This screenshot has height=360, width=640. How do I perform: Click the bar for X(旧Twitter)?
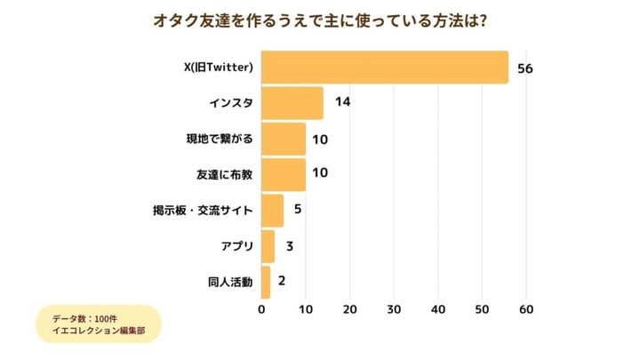pyautogui.click(x=385, y=68)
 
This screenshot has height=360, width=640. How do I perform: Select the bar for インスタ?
pyautogui.click(x=292, y=103)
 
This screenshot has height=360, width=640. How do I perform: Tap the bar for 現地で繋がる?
pyautogui.click(x=284, y=139)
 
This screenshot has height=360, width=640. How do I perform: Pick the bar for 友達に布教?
pyautogui.click(x=284, y=174)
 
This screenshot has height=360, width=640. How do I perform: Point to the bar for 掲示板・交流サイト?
pyautogui.click(x=273, y=211)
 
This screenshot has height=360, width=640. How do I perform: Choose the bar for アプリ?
pyautogui.click(x=268, y=246)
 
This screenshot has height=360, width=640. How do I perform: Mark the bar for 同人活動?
pyautogui.click(x=266, y=282)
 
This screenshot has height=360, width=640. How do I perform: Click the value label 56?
pyautogui.click(x=524, y=68)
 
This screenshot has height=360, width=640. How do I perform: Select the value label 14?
pyautogui.click(x=342, y=103)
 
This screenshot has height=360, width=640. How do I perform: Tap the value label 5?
pyautogui.click(x=297, y=211)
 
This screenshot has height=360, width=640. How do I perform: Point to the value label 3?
pyautogui.click(x=289, y=246)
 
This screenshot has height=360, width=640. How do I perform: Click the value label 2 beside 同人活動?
pyautogui.click(x=282, y=282)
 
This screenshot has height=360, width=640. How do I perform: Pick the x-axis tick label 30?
pyautogui.click(x=394, y=310)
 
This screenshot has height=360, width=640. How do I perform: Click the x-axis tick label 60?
pyautogui.click(x=526, y=310)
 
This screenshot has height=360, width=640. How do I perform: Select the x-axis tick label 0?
pyautogui.click(x=261, y=310)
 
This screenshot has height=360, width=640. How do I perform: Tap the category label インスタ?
pyautogui.click(x=231, y=103)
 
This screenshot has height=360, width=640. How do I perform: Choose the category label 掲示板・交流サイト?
pyautogui.click(x=204, y=211)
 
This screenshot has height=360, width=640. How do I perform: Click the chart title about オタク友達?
pyautogui.click(x=319, y=20)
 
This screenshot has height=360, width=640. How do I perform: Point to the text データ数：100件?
pyautogui.click(x=84, y=317)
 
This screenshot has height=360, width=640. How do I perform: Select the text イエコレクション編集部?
pyautogui.click(x=99, y=332)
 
